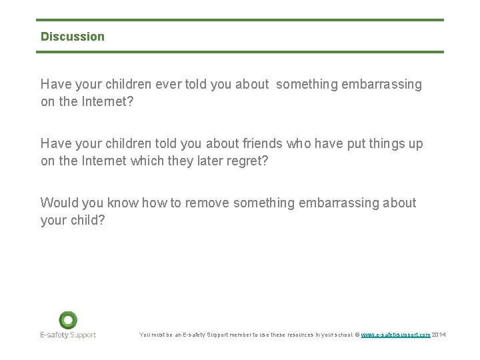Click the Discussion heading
(73, 37)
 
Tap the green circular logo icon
(67, 320)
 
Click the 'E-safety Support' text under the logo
(67, 335)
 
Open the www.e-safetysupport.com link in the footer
(395, 335)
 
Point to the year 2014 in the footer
(439, 335)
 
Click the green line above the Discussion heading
(240, 20)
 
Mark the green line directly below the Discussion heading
(240, 52)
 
